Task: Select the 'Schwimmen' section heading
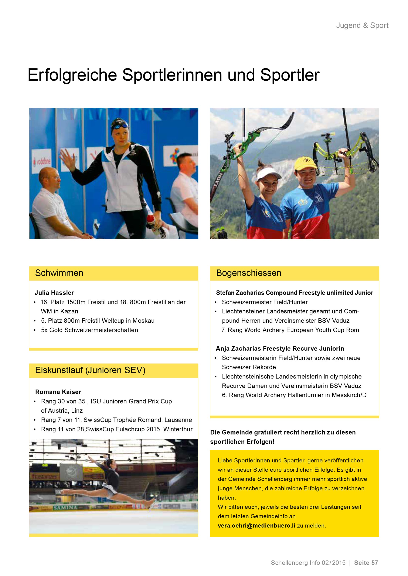point(59,273)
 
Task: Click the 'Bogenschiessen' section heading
point(248,273)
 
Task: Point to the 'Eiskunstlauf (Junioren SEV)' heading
point(90,370)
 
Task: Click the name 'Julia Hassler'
point(54,293)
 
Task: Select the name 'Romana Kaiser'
point(58,392)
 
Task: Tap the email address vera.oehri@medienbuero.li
point(256,526)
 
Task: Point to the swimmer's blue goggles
point(120,126)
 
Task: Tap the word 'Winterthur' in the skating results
point(178,429)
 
